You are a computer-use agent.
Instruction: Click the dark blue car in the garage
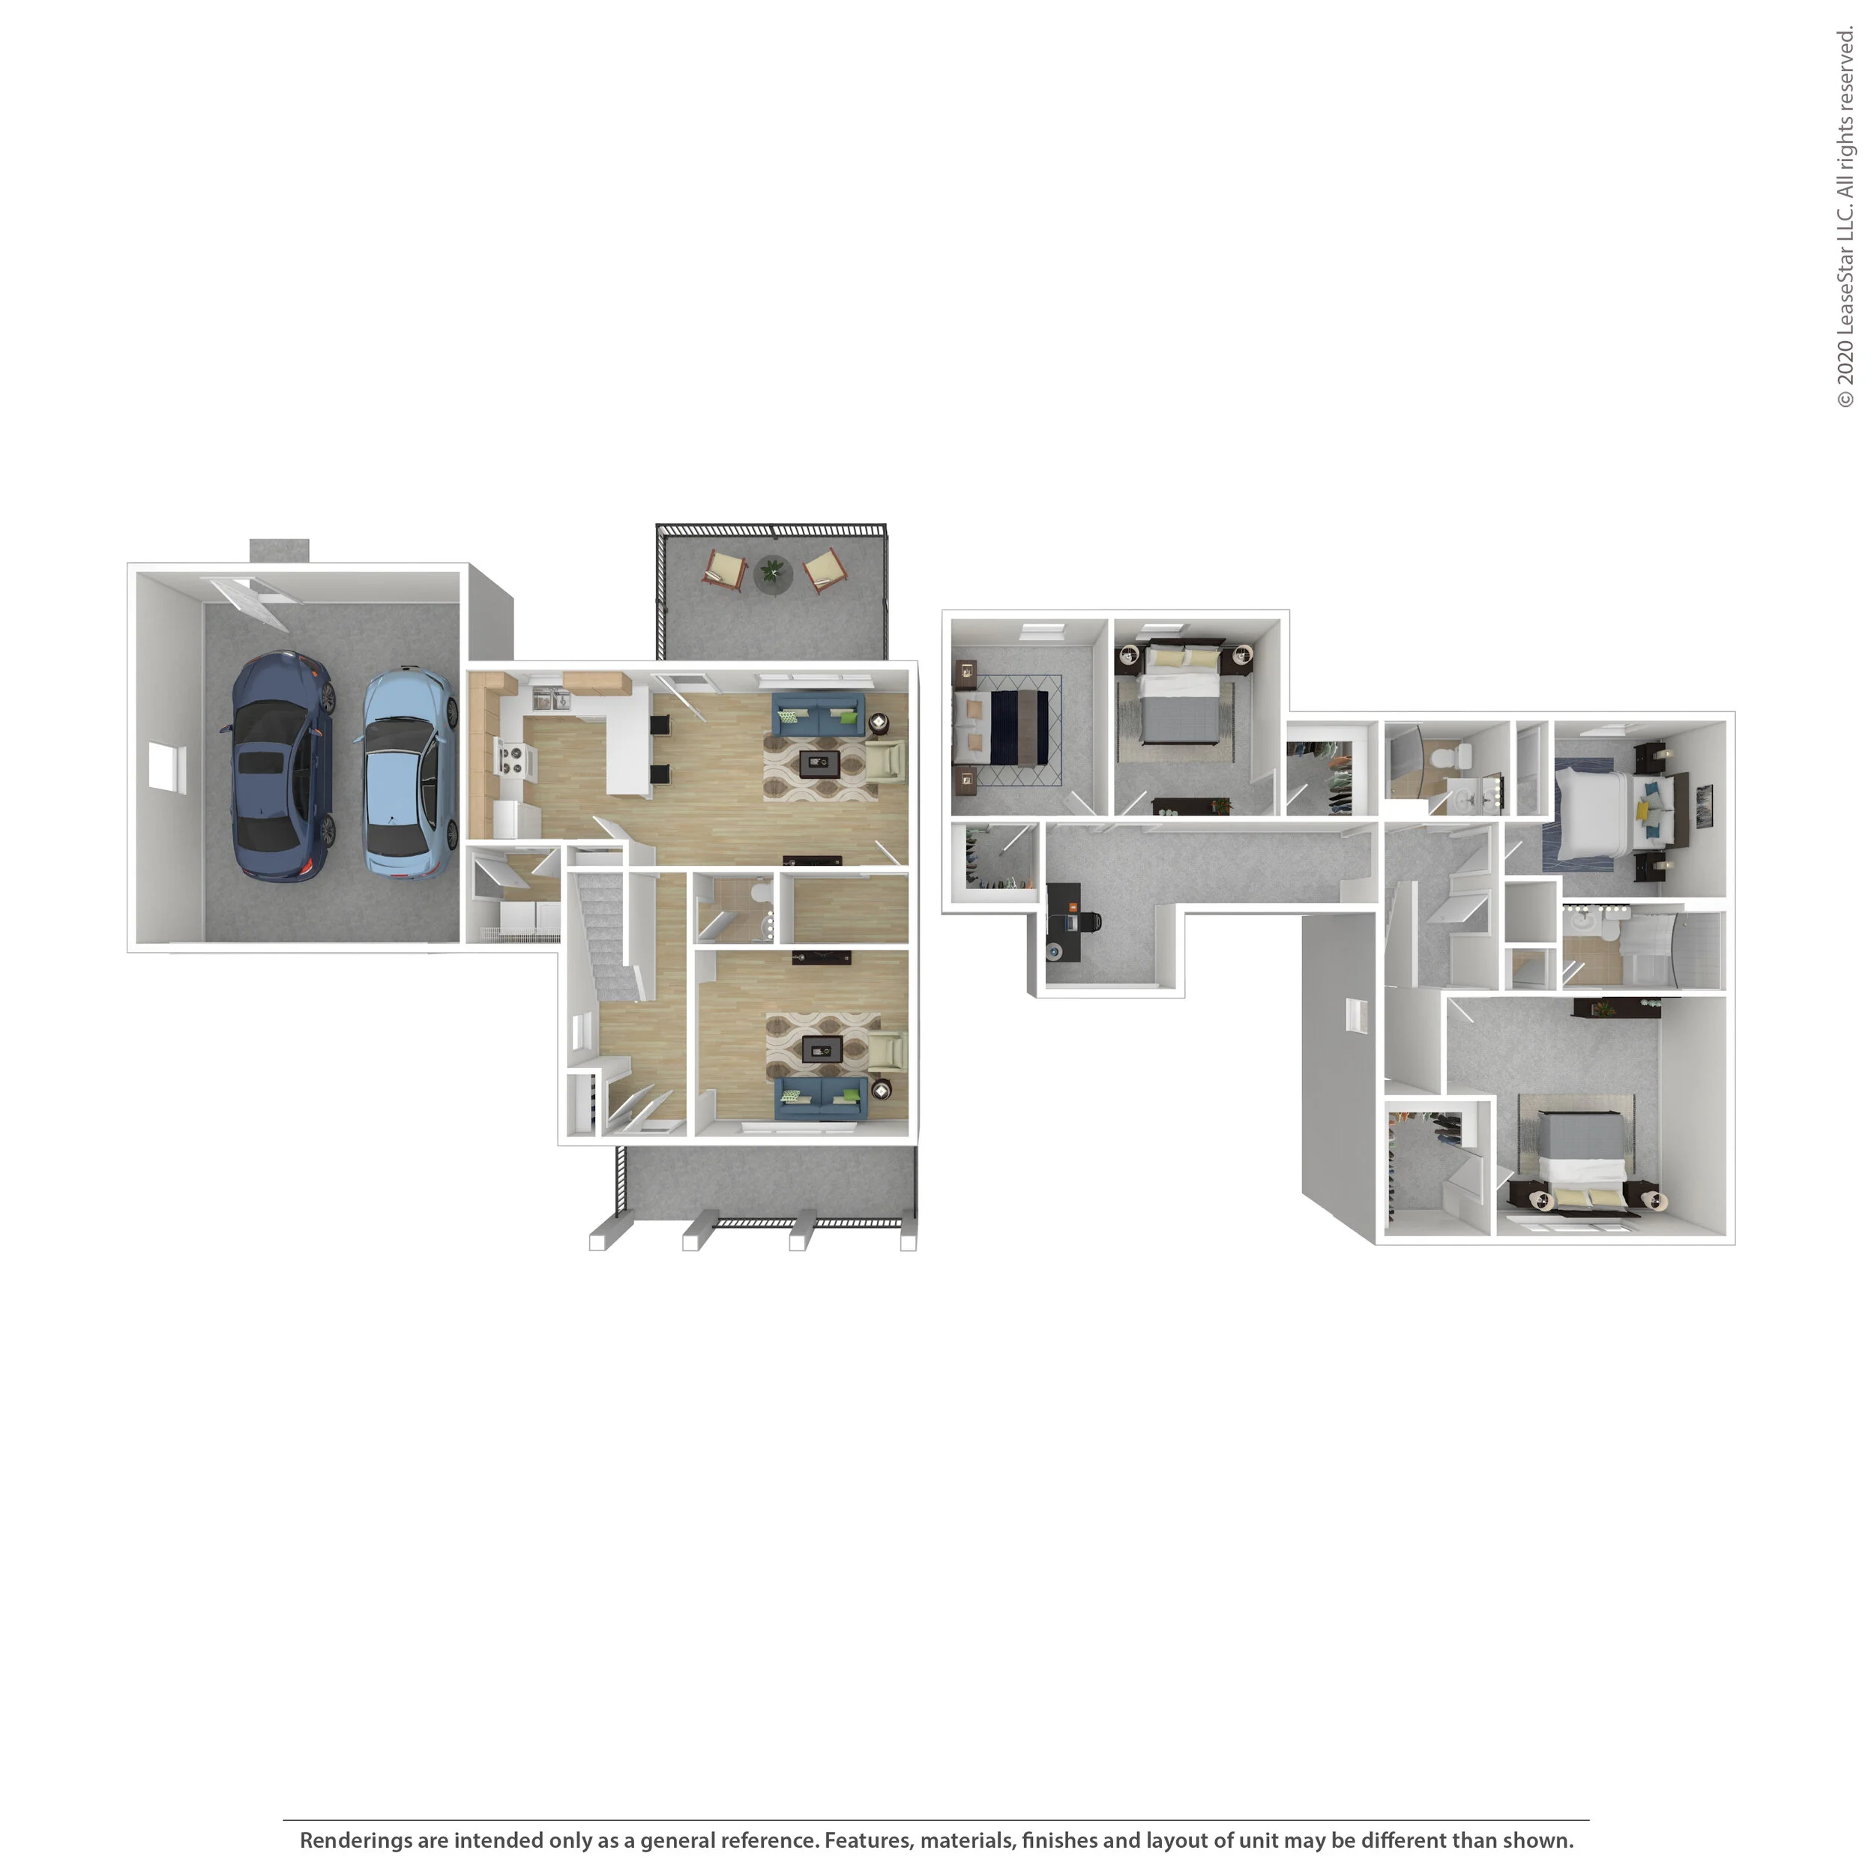281,766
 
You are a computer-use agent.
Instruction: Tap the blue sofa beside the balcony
819,716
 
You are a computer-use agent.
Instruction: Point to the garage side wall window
163,766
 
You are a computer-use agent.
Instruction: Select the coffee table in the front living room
822,1049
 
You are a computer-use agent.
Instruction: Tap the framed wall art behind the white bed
1705,798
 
